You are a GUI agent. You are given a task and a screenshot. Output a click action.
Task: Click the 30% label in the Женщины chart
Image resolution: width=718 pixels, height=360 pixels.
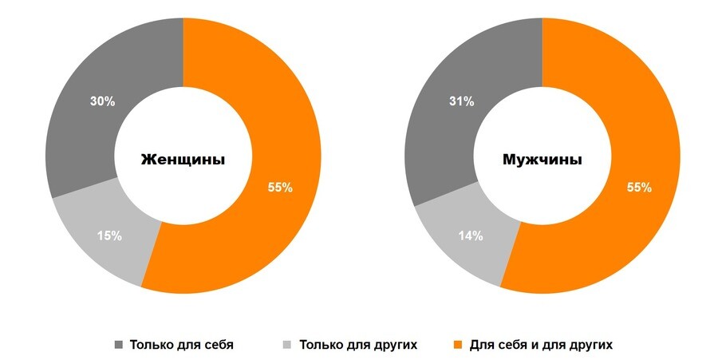(102, 101)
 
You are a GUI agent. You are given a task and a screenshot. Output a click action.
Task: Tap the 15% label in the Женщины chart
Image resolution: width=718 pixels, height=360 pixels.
(109, 235)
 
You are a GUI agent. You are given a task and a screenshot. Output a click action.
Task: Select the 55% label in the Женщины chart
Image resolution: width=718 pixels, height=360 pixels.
(280, 188)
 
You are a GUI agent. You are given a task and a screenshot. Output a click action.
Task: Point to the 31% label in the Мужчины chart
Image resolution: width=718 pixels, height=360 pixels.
(461, 101)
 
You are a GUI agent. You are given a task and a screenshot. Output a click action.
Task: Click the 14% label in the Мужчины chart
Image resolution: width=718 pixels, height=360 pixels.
(470, 235)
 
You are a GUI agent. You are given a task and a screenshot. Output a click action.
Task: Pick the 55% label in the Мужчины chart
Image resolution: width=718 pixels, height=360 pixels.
(639, 188)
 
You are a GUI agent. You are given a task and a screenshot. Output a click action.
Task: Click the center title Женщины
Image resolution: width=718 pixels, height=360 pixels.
(183, 159)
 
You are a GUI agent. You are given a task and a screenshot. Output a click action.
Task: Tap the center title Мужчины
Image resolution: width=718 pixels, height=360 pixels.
(542, 159)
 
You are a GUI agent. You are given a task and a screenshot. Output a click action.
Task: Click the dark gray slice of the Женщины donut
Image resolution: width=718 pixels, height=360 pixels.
(88, 136)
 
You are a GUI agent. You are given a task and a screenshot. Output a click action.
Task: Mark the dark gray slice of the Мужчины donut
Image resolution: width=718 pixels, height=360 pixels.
(447, 136)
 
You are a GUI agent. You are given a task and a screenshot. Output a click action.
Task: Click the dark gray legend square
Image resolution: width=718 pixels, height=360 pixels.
(119, 346)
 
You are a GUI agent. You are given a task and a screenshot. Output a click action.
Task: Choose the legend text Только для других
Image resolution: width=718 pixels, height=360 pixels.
(358, 346)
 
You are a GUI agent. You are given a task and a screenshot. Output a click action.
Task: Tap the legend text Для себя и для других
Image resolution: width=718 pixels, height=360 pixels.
(541, 346)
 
